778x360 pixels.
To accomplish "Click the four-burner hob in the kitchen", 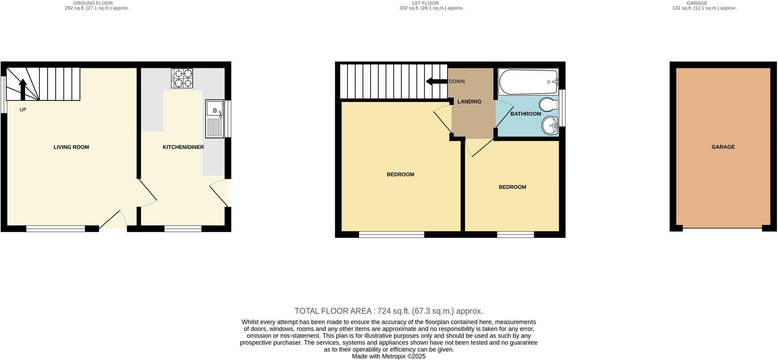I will (182, 78).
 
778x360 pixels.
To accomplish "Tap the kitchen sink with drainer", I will (215, 119).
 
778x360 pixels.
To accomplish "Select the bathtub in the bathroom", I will (529, 82).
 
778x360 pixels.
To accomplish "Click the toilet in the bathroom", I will (548, 105).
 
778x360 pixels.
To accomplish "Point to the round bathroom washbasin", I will (550, 125).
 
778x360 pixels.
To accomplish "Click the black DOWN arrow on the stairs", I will (436, 82).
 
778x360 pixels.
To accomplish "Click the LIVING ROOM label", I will (71, 147).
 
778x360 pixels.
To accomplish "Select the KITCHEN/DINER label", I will (183, 147).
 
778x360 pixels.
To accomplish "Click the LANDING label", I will (469, 102).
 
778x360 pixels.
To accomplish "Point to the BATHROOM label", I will (526, 114).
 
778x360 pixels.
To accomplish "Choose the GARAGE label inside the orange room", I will (723, 147).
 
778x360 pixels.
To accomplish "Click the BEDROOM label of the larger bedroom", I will (400, 174).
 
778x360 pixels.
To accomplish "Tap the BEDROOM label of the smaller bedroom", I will (512, 187).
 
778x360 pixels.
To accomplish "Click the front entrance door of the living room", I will (112, 220).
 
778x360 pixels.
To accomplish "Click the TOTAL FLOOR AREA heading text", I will (388, 311).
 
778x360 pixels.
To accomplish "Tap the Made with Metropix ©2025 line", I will (388, 356).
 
